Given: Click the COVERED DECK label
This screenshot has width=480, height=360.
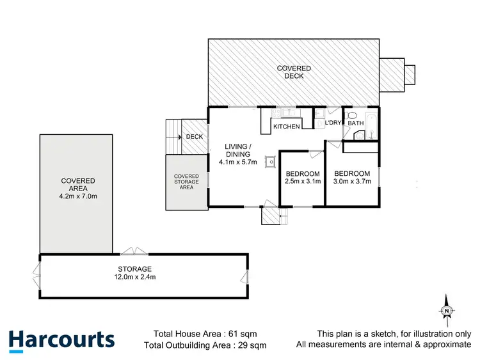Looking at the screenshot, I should coord(294,72).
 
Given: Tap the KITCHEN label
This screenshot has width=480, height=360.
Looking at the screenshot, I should coord(286,127).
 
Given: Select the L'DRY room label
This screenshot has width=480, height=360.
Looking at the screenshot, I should coord(333,122).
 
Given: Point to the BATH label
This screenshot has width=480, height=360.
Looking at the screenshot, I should coord(355,122).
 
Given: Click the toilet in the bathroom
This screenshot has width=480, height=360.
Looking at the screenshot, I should coord(351,116).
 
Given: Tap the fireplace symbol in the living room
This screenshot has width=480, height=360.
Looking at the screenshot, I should coord(271,162).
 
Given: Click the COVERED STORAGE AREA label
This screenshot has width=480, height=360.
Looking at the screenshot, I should coord(186,182).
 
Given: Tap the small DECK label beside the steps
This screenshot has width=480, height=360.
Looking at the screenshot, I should coord(194,137).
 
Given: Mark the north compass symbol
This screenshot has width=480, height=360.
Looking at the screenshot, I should coord(447,310).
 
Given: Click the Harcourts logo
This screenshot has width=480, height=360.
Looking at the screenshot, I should coord(62,340).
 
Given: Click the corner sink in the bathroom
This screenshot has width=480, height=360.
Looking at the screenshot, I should coord(357,135).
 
